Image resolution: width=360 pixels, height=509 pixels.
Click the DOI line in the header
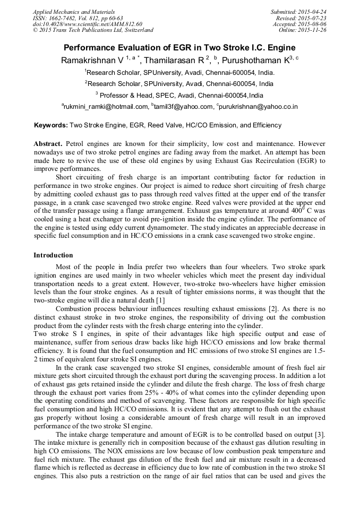pos(87,24)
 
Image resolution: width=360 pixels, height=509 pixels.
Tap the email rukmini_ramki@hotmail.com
pos(106,107)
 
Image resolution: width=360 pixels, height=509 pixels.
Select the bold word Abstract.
pos(48,144)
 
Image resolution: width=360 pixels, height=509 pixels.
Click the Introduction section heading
pos(53,255)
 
